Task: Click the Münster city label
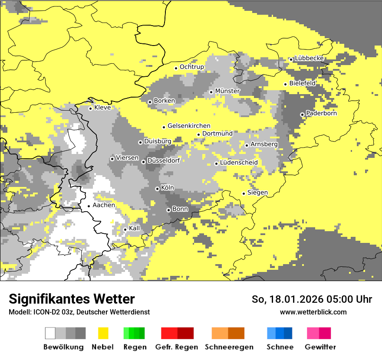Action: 227,91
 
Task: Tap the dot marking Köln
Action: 157,189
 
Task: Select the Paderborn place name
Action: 321,114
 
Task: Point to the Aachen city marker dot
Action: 89,206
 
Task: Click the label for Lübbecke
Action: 309,59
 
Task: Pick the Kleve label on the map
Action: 102,108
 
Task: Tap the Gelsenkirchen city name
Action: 189,126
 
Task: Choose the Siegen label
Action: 257,193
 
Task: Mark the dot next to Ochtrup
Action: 176,68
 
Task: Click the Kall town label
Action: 135,228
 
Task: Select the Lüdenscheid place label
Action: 239,163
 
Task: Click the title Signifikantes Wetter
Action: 72,299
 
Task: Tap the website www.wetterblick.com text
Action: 313,312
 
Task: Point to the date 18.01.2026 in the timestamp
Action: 294,299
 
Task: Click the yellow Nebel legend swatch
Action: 103,333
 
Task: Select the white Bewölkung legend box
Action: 50,333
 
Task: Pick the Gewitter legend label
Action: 320,347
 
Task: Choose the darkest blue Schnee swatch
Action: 288,333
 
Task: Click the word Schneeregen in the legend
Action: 229,347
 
